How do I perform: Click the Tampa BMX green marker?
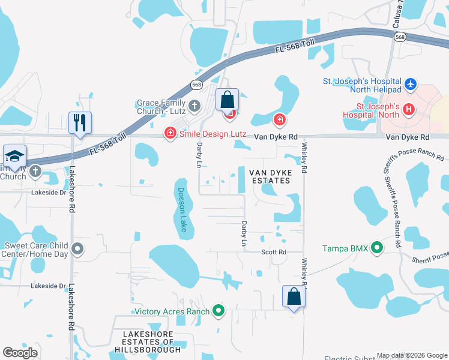click(x=377, y=248)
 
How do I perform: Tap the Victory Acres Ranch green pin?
click(x=218, y=311)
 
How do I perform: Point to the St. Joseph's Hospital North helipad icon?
click(x=411, y=84)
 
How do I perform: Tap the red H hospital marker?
click(x=409, y=109)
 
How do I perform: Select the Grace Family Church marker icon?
click(x=194, y=107)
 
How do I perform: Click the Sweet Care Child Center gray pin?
click(x=77, y=248)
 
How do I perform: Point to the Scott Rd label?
click(x=274, y=252)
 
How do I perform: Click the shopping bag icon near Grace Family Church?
click(x=228, y=100)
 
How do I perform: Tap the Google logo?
click(x=20, y=353)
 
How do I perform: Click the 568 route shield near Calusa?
click(x=399, y=37)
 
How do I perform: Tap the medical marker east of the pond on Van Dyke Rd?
click(x=279, y=121)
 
